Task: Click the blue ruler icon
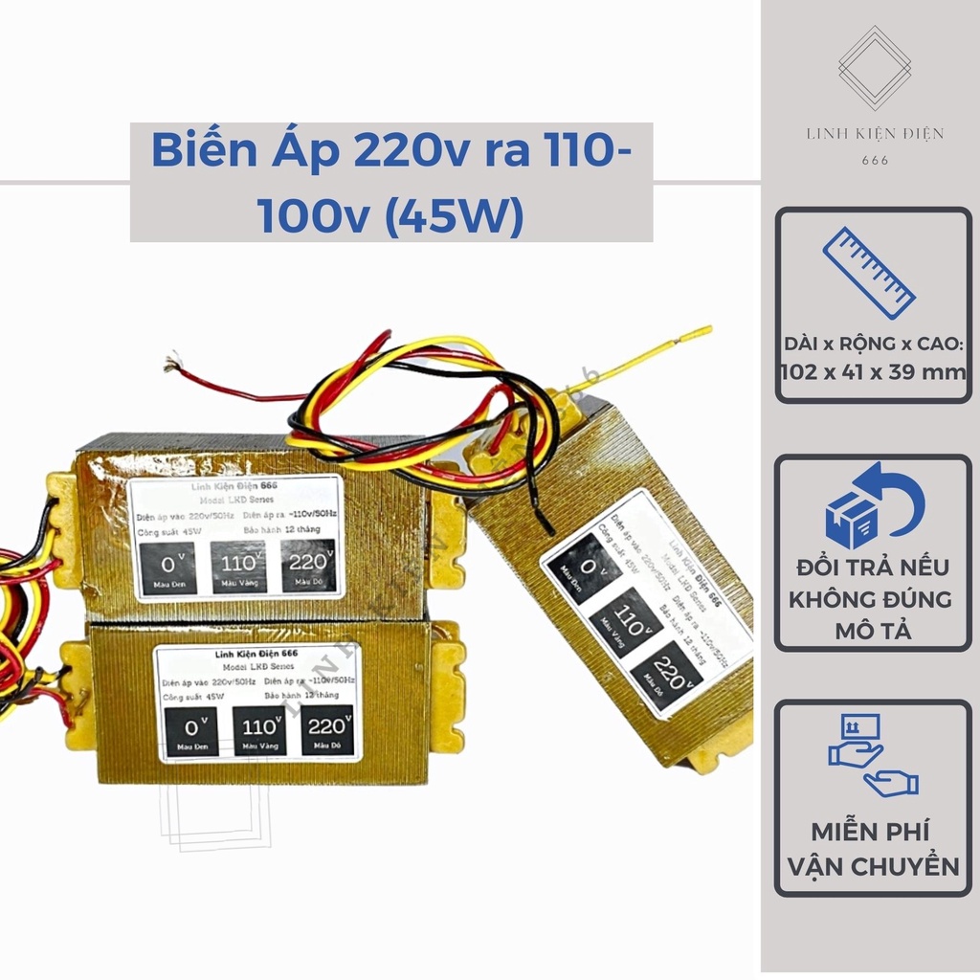pos(869,272)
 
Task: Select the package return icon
pos(874,506)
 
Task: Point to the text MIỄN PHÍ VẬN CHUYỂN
pos(872,849)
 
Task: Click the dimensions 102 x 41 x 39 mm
pos(872,372)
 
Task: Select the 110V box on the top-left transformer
pos(238,566)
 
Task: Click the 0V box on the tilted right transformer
pos(586,568)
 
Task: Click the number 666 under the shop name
pos(875,160)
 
